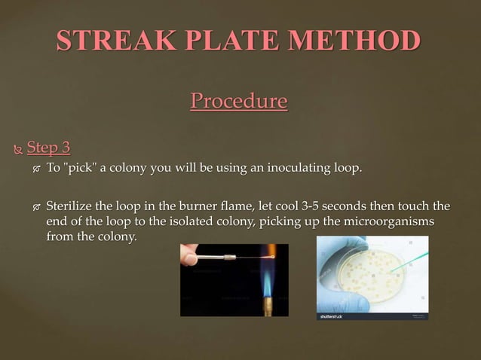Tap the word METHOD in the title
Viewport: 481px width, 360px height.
coord(360,40)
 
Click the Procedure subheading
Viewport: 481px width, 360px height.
coord(239,100)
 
